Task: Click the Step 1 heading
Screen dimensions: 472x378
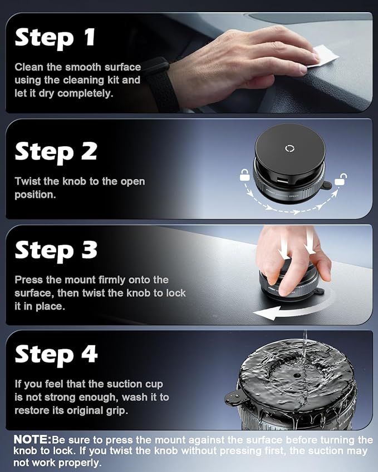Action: click(55, 37)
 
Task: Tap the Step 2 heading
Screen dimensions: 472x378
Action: click(56, 151)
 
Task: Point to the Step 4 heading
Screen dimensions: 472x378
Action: click(56, 354)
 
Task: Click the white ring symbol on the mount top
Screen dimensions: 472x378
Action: click(289, 148)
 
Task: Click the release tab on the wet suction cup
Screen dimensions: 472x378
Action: click(233, 398)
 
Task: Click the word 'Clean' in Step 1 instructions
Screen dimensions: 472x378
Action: click(28, 67)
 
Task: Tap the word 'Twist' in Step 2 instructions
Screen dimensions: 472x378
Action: click(27, 181)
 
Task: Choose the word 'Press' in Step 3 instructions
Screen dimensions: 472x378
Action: click(28, 280)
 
